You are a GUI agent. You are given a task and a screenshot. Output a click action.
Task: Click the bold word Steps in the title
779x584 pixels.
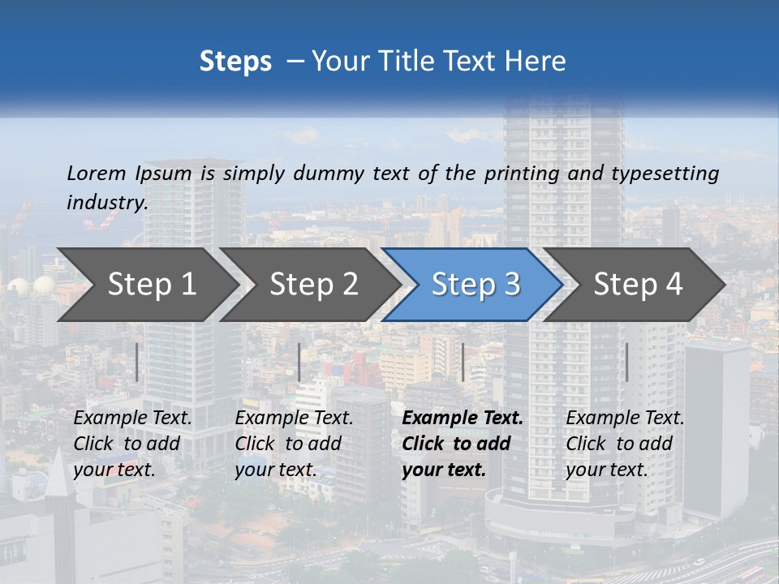pyautogui.click(x=235, y=62)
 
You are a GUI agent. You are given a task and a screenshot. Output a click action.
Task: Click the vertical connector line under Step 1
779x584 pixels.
pyautogui.click(x=137, y=362)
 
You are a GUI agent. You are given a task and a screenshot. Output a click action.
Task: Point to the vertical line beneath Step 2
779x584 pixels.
pyautogui.click(x=299, y=362)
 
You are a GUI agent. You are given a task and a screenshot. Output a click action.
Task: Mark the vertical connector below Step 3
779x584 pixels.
pyautogui.click(x=463, y=362)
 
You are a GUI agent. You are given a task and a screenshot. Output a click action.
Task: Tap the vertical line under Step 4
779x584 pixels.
pyautogui.click(x=626, y=362)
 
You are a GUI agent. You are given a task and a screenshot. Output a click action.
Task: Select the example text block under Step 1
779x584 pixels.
pyautogui.click(x=133, y=444)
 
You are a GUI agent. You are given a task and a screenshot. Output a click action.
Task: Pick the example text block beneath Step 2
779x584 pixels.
pyautogui.click(x=294, y=444)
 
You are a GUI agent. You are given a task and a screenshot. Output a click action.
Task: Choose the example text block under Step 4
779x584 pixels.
pyautogui.click(x=625, y=444)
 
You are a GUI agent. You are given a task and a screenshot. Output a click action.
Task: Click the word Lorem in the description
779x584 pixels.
pyautogui.click(x=97, y=173)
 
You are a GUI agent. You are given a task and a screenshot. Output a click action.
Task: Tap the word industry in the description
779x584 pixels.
pyautogui.click(x=107, y=202)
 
